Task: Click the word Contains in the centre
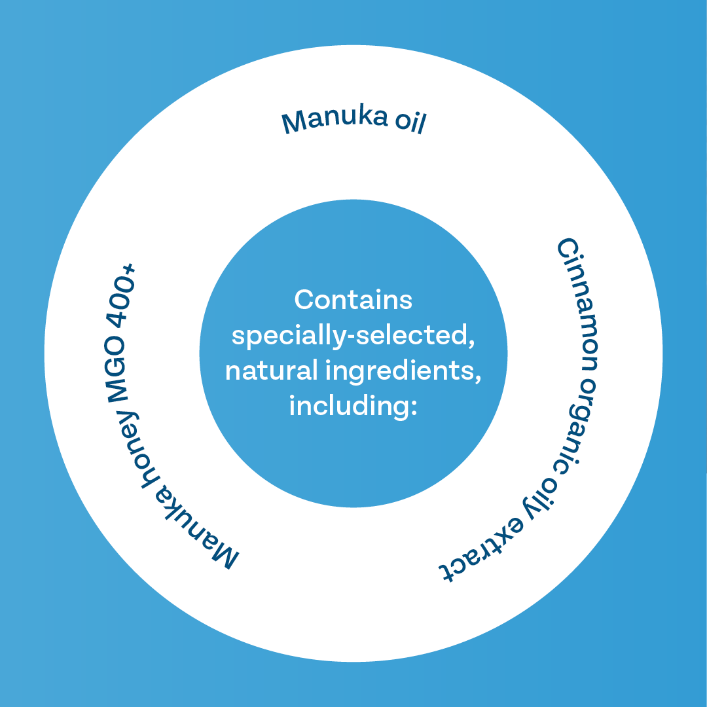[353, 300]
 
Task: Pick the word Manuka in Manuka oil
[334, 120]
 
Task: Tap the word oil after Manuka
[410, 122]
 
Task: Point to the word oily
[539, 501]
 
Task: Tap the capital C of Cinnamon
[568, 249]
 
